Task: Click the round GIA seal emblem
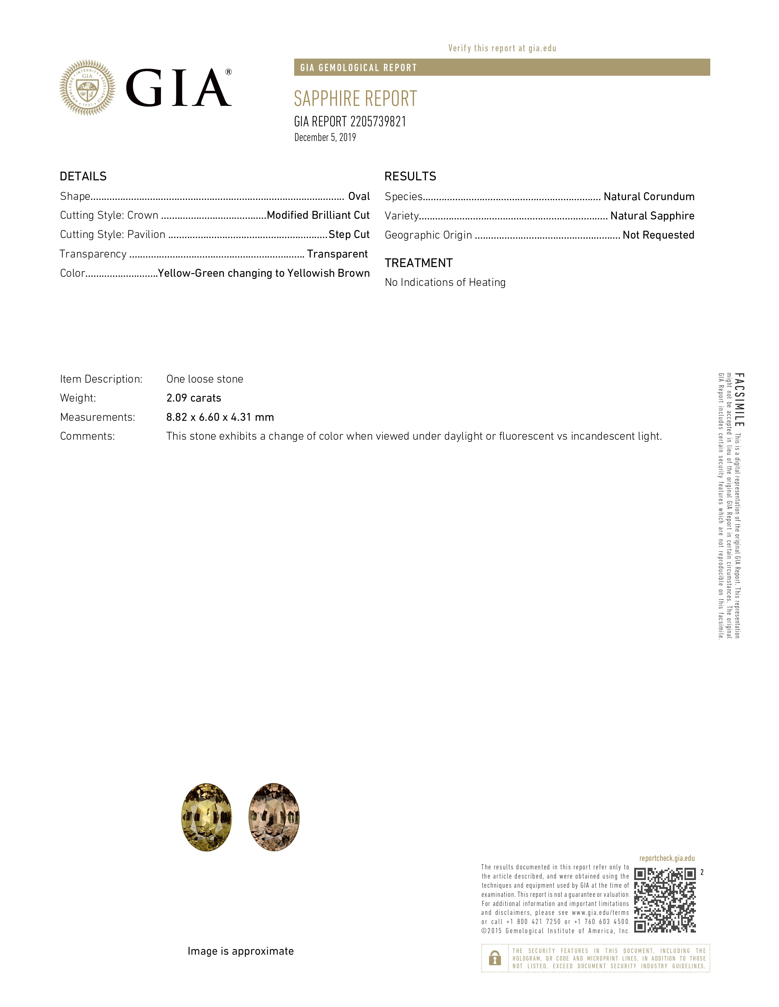click(x=87, y=88)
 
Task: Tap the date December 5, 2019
click(x=325, y=137)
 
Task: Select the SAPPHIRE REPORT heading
click(x=355, y=99)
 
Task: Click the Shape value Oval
click(x=359, y=197)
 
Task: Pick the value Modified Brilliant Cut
click(x=318, y=215)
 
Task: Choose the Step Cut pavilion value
click(x=349, y=235)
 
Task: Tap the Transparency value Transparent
click(x=337, y=254)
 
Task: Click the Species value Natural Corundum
click(x=649, y=197)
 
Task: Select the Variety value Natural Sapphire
click(x=652, y=216)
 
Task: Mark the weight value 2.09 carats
click(x=194, y=398)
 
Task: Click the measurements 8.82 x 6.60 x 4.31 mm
click(x=220, y=417)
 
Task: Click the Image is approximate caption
click(x=240, y=951)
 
